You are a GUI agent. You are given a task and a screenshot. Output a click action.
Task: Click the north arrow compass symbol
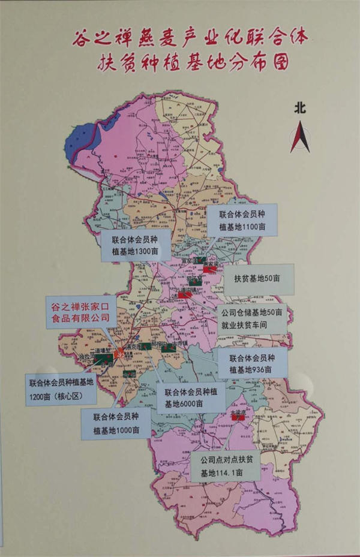(x=300, y=137)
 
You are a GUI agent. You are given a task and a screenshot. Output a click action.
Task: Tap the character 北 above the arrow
(x=300, y=108)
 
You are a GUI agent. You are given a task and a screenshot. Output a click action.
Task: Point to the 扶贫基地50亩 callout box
(x=259, y=279)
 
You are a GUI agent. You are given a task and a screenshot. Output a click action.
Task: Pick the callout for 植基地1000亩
(x=116, y=424)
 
